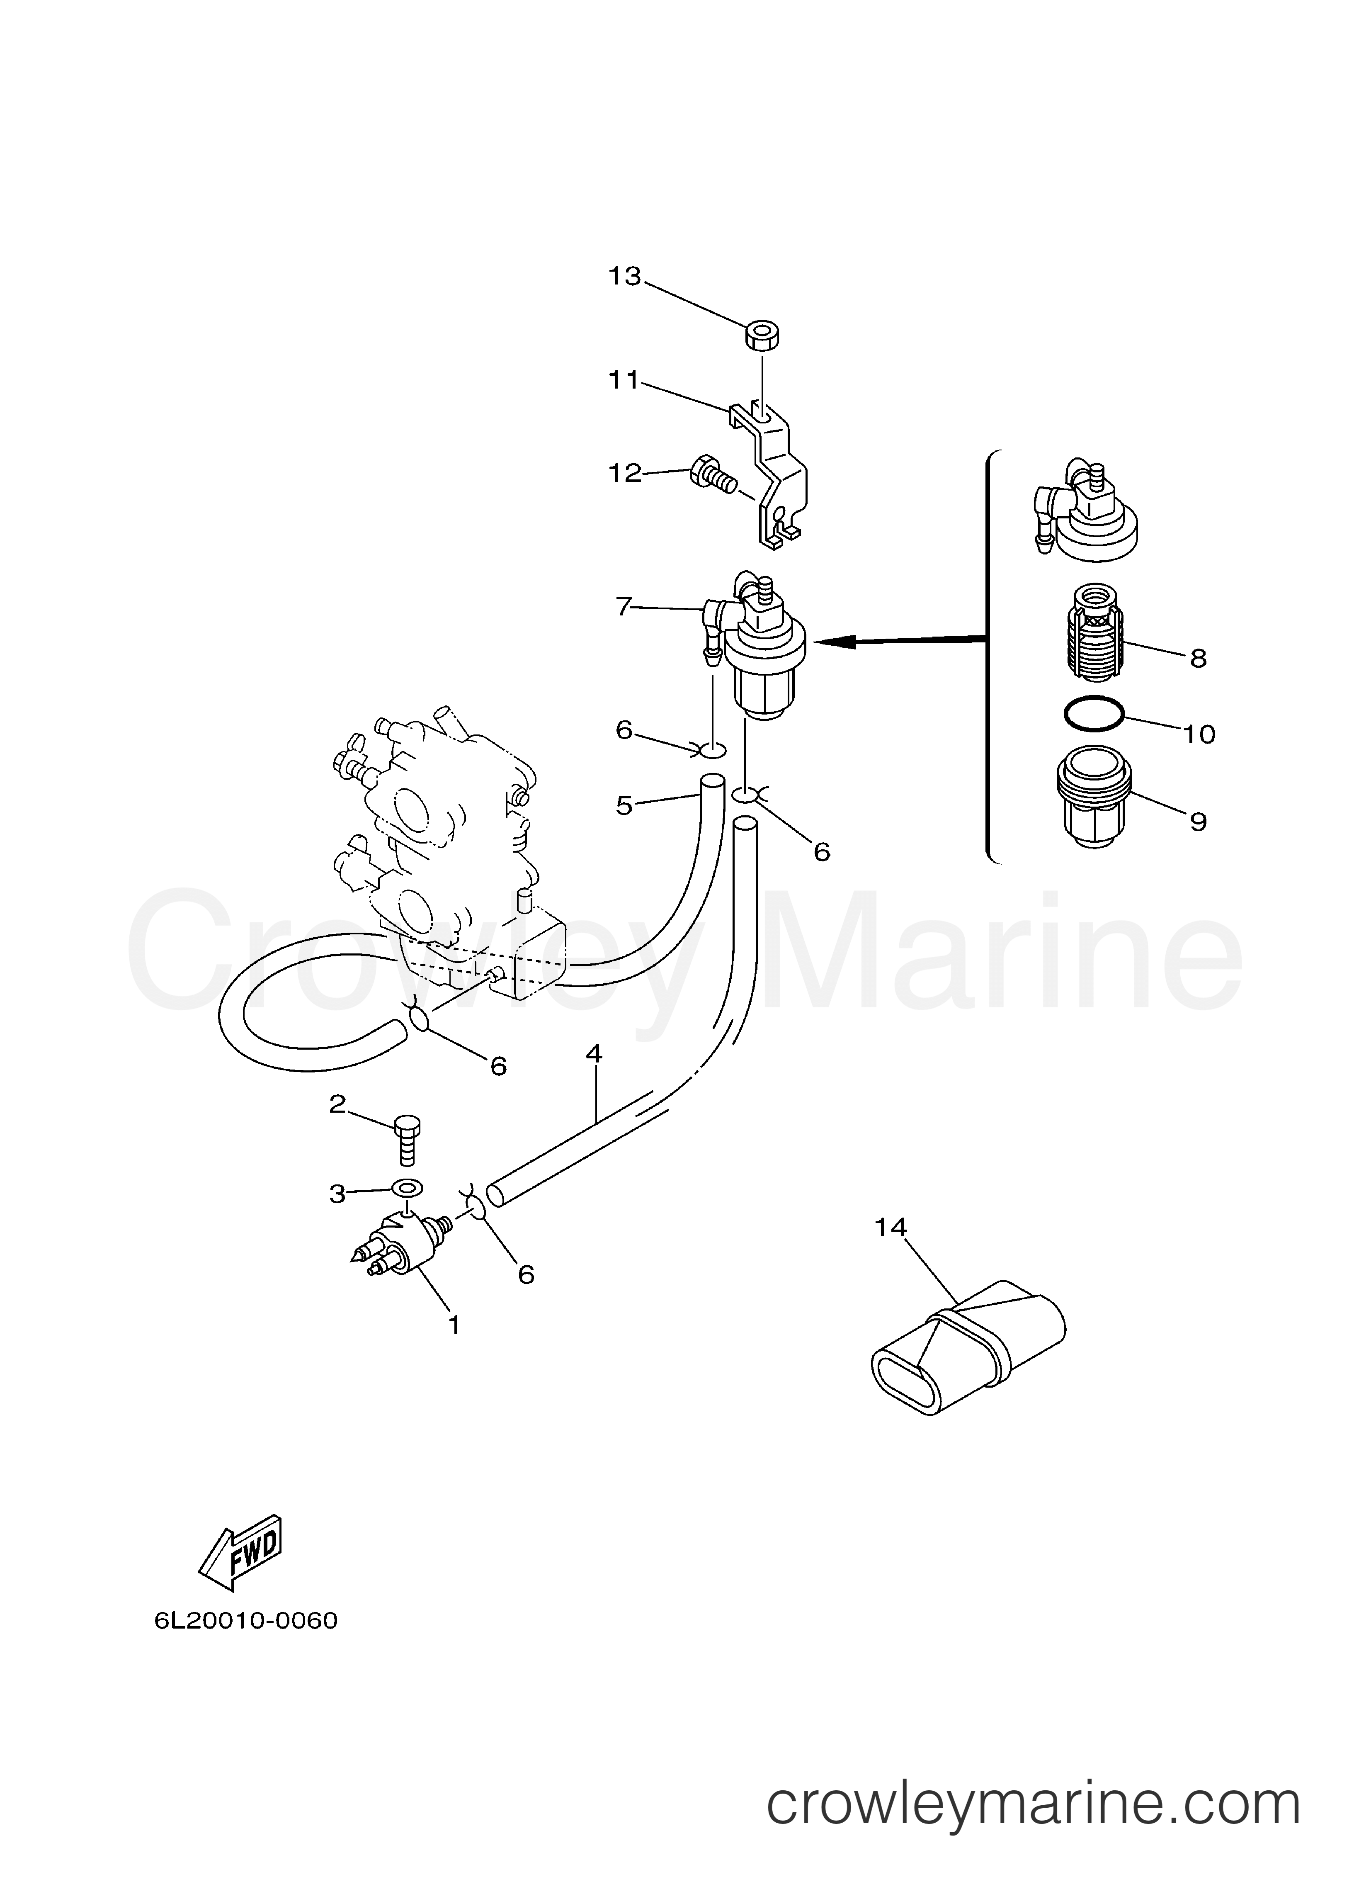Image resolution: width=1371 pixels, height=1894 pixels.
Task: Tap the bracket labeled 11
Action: [770, 474]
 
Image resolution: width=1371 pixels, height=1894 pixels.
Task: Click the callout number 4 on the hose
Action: [594, 1054]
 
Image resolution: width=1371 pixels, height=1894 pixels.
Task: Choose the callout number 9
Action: [1198, 822]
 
